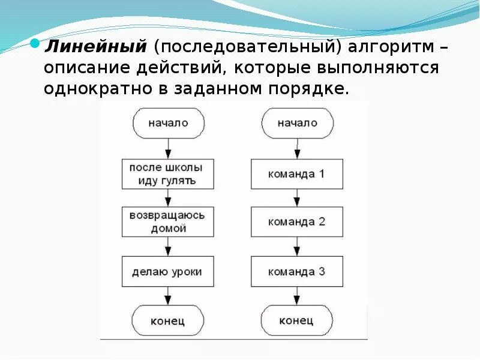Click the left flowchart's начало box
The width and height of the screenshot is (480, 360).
[168, 122]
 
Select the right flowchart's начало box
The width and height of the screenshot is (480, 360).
[297, 122]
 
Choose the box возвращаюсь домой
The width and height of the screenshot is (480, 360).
[167, 222]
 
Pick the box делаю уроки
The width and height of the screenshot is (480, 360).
[167, 271]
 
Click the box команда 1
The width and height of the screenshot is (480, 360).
[297, 174]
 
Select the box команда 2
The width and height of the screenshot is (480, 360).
[297, 222]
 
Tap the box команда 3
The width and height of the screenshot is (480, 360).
[297, 271]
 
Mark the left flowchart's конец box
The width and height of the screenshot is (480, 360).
[168, 320]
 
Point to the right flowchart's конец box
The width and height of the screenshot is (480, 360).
[297, 320]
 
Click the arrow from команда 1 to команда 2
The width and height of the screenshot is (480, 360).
[296, 198]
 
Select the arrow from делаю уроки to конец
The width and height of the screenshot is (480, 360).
[168, 295]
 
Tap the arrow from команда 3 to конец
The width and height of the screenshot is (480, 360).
[296, 295]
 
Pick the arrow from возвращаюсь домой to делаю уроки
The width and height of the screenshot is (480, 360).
[168, 247]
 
